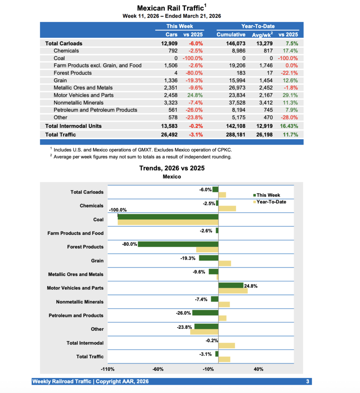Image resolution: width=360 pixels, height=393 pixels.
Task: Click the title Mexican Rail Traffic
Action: click(x=170, y=8)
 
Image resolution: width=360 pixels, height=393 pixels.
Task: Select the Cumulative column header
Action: click(x=231, y=35)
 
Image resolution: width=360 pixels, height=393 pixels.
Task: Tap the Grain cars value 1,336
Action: click(x=170, y=80)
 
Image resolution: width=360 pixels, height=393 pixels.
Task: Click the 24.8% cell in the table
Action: click(x=194, y=95)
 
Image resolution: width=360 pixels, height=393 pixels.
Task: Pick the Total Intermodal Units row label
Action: click(x=73, y=126)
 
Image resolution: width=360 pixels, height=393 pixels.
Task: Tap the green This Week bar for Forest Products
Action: click(x=178, y=244)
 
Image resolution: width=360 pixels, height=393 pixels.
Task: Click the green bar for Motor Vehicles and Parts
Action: click(x=231, y=285)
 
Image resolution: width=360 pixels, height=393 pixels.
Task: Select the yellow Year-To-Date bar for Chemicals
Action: click(x=227, y=208)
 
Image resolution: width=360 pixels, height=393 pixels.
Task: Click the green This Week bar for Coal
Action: click(x=168, y=217)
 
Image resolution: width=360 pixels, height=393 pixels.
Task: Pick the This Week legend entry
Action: click(x=268, y=195)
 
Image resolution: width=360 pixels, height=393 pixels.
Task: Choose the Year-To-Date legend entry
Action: click(x=271, y=201)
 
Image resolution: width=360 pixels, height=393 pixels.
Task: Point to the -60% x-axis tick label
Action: click(x=158, y=369)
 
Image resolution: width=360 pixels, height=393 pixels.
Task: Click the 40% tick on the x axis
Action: click(x=258, y=369)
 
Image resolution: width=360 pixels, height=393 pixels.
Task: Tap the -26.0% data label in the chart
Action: click(x=183, y=313)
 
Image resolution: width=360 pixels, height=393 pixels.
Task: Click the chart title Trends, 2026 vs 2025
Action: click(x=172, y=168)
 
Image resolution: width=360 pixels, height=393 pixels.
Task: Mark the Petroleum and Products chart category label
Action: click(x=76, y=315)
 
